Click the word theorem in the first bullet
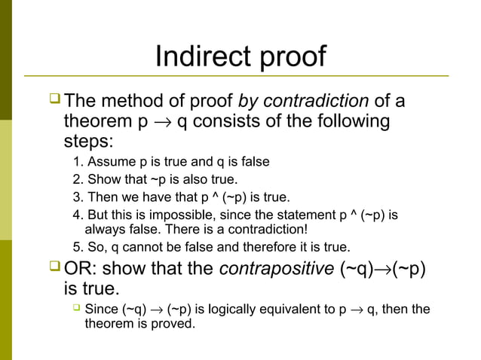click(x=95, y=121)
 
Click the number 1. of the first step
click(x=78, y=162)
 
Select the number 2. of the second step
click(x=78, y=180)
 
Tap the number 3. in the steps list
click(x=78, y=198)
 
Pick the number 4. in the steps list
click(x=78, y=215)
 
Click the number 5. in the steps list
click(x=78, y=248)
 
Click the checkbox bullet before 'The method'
click(x=54, y=100)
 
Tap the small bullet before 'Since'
click(x=77, y=309)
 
